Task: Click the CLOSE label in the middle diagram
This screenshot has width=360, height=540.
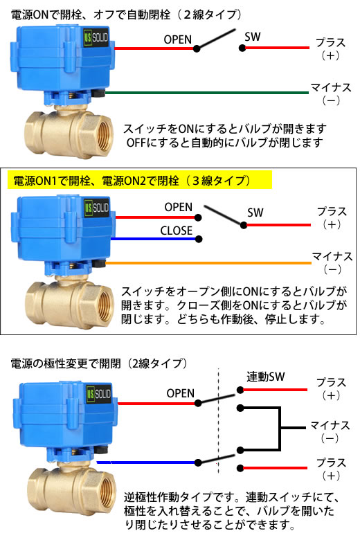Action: coord(176,231)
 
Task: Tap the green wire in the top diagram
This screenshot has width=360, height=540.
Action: coord(207,93)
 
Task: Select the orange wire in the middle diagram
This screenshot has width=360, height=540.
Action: coord(208,263)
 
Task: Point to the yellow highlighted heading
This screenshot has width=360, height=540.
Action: coord(140,180)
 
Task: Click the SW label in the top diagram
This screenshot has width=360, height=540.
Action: coord(253,37)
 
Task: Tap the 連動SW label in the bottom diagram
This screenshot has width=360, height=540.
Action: coord(266,377)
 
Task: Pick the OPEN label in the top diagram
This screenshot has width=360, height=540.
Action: coord(177,39)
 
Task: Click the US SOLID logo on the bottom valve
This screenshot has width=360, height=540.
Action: coord(99,394)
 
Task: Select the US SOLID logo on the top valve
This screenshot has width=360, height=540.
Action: coord(96,37)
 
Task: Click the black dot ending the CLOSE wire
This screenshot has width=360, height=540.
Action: coord(199,239)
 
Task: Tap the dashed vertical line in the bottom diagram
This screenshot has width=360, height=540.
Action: coord(218,421)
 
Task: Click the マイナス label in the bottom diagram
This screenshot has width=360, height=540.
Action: coord(330,425)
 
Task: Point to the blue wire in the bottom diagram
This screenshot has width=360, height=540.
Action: coord(147,462)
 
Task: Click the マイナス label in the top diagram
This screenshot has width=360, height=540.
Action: coord(331,87)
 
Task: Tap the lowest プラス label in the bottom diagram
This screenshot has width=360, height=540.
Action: coord(331,462)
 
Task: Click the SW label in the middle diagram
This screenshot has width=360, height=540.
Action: coord(255,213)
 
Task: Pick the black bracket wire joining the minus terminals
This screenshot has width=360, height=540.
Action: coord(280,428)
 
